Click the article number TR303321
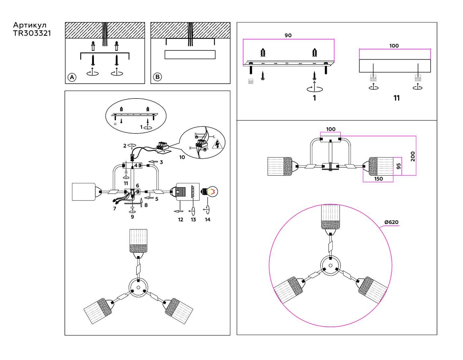coord(32,33)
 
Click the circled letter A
coord(72,77)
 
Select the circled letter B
coord(157,77)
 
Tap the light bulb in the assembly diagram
coord(211,192)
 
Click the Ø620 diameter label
coord(391,222)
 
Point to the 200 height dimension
coord(413,156)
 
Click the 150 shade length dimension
coord(378,179)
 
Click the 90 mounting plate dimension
coord(288,35)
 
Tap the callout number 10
coord(182,157)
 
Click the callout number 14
coord(207,219)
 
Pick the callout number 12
coord(181,219)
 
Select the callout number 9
coord(132,217)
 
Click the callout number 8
coord(146,205)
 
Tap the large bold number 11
coord(397,98)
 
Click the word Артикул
coord(30,25)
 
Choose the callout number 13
coord(193,219)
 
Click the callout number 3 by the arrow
coord(161,162)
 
